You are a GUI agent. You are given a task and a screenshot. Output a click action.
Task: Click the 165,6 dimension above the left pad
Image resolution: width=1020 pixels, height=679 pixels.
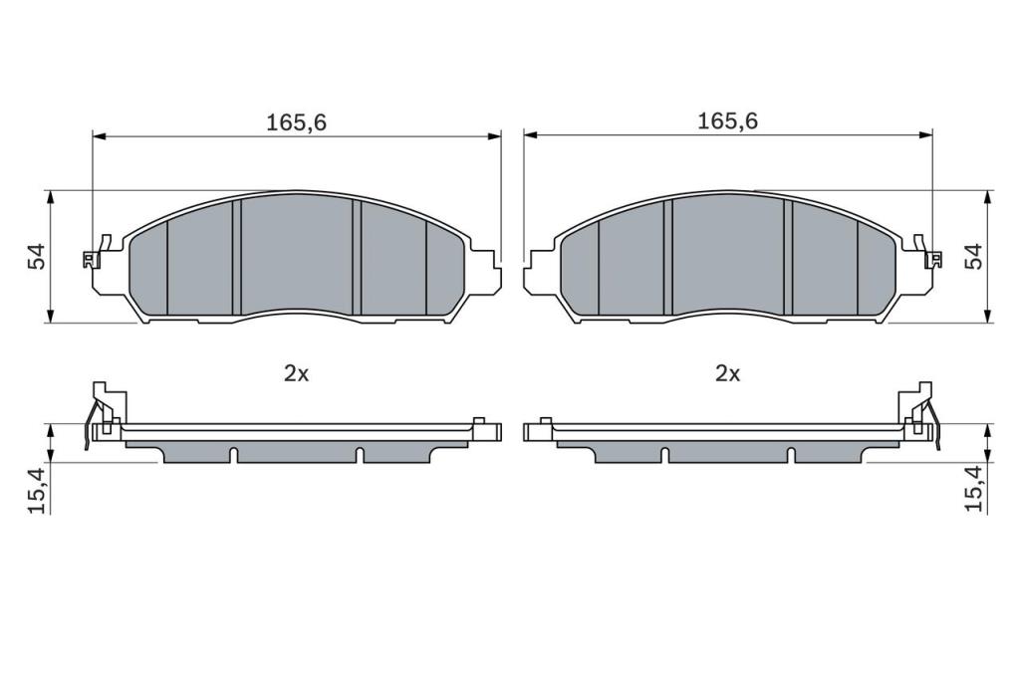click(x=296, y=122)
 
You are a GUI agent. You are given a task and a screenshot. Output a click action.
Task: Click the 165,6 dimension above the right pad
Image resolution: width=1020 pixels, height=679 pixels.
click(x=727, y=121)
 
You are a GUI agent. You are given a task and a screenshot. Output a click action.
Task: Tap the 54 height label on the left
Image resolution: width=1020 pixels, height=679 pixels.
click(x=37, y=256)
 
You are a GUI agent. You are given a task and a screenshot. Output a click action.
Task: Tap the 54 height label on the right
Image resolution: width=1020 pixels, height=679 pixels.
click(x=974, y=256)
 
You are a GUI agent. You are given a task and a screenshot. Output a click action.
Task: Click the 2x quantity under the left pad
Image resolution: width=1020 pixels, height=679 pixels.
click(x=296, y=373)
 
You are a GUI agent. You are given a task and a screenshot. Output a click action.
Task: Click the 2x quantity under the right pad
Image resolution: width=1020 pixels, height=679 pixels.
click(x=728, y=373)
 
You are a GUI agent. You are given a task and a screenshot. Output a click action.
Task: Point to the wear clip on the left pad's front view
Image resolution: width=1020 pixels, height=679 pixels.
click(x=96, y=252)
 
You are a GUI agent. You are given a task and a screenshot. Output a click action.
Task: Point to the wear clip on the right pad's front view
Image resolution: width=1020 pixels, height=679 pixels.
click(x=929, y=252)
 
